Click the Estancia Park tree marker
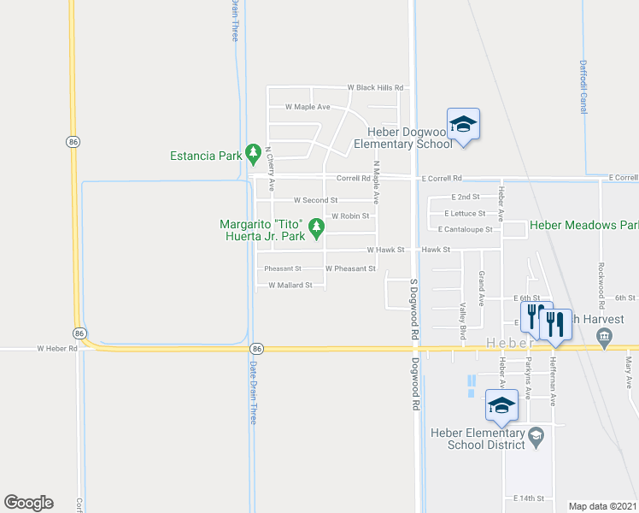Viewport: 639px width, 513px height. [253, 154]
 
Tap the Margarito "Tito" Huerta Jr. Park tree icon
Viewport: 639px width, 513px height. [317, 227]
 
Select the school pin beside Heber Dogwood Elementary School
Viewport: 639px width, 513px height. [463, 124]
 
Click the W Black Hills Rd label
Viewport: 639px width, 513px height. [375, 88]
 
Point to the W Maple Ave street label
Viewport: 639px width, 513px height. [308, 107]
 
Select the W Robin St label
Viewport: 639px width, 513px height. [350, 216]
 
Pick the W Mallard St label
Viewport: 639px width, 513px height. [290, 286]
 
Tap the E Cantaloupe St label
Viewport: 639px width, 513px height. [465, 230]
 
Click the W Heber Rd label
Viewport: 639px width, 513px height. [57, 349]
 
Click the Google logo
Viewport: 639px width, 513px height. [28, 503]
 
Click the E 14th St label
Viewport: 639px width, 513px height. [529, 498]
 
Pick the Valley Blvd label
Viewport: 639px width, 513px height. [463, 315]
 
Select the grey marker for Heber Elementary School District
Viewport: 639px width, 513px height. [536, 436]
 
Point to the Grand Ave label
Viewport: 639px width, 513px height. [482, 288]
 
